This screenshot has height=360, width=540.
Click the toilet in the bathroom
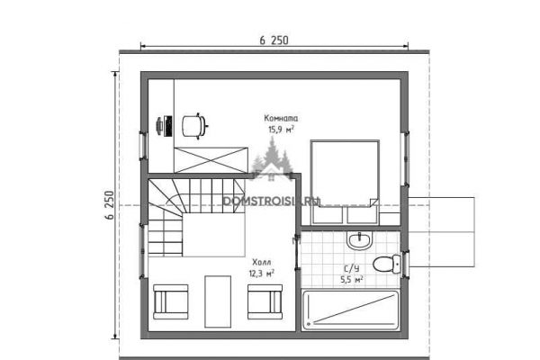(387, 264)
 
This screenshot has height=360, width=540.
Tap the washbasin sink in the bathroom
(360, 240)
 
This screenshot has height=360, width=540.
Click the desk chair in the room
(194, 126)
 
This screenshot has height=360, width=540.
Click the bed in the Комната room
(345, 182)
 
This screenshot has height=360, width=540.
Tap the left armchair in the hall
(171, 301)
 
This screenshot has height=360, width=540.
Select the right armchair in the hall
(265, 301)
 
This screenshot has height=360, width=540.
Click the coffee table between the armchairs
(218, 301)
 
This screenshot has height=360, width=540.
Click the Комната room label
(281, 118)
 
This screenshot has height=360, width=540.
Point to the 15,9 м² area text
(281, 130)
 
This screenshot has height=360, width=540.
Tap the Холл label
(262, 262)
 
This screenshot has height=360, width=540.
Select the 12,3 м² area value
(262, 274)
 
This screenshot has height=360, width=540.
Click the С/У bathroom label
(352, 268)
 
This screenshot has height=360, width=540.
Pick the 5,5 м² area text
(352, 280)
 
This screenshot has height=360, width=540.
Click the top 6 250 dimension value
(274, 40)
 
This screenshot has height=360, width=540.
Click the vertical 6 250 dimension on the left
(109, 205)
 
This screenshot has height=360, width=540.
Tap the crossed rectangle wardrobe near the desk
(211, 160)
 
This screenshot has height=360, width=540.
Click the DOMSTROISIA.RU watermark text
(272, 202)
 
